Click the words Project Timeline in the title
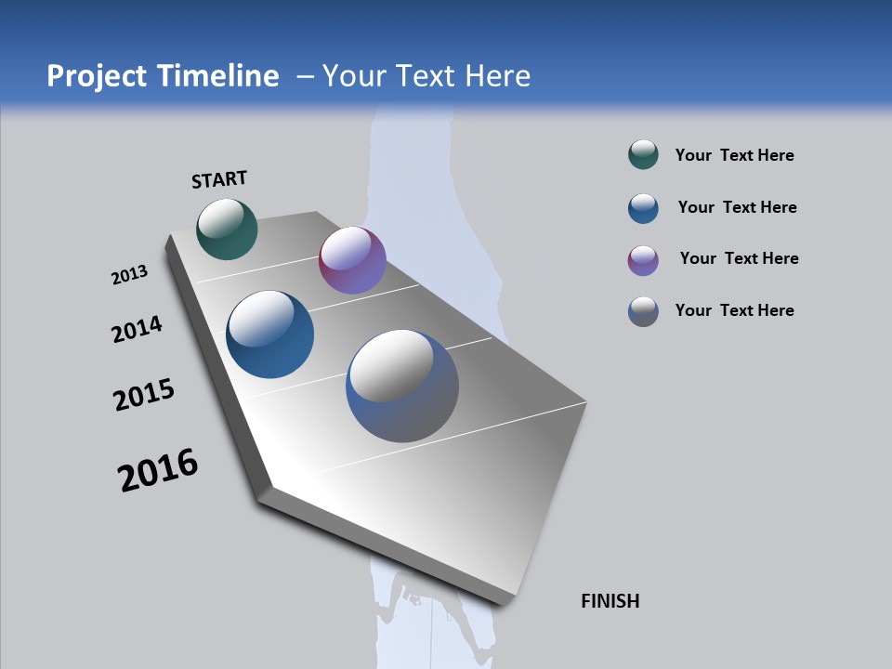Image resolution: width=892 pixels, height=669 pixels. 163,76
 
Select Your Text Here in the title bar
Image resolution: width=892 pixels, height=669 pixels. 426,76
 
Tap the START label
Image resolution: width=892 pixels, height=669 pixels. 219,179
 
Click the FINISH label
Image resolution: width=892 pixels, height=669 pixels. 610,601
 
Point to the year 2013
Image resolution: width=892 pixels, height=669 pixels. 129,275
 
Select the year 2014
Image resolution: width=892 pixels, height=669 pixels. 137,329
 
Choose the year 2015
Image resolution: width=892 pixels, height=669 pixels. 144,395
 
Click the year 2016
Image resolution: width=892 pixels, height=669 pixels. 158,470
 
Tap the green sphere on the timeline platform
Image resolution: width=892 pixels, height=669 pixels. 227,229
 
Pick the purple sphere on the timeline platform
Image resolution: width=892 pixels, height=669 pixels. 352,260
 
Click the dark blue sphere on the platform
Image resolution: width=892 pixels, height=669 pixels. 270,334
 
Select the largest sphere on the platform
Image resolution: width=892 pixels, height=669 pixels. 402,386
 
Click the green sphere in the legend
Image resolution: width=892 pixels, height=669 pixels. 643,155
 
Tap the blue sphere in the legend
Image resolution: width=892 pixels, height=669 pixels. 643,208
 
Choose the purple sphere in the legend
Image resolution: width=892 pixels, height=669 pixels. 643,260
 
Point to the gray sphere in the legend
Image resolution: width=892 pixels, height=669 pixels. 643,311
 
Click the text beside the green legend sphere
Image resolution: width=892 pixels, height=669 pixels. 734,155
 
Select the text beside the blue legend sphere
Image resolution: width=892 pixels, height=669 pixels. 737,207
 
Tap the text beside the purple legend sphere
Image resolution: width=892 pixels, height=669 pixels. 739,258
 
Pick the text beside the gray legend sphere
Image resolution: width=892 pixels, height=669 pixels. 734,310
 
